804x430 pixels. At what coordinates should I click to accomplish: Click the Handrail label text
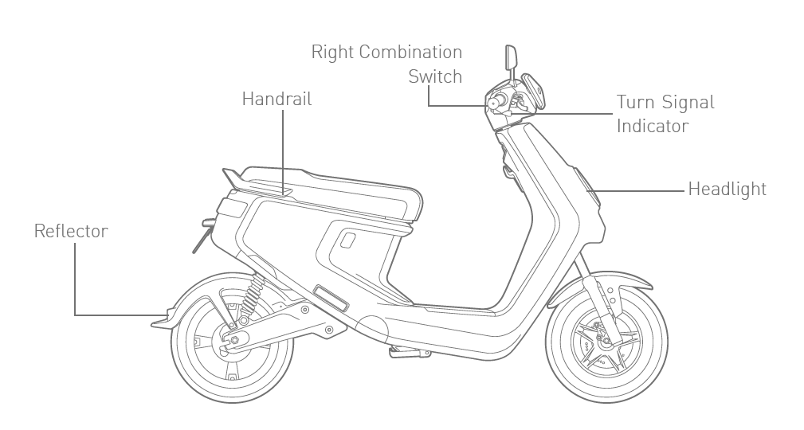[276, 100]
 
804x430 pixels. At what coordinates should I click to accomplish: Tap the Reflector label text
[71, 231]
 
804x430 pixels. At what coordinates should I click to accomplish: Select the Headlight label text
[727, 190]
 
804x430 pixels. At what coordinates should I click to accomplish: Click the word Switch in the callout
[435, 76]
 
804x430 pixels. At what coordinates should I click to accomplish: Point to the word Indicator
[653, 126]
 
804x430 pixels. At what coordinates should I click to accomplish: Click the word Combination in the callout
[410, 53]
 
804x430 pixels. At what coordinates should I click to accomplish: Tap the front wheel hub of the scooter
[606, 342]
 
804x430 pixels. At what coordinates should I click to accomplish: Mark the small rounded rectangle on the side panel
[348, 240]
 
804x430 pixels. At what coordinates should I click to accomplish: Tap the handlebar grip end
[494, 104]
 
